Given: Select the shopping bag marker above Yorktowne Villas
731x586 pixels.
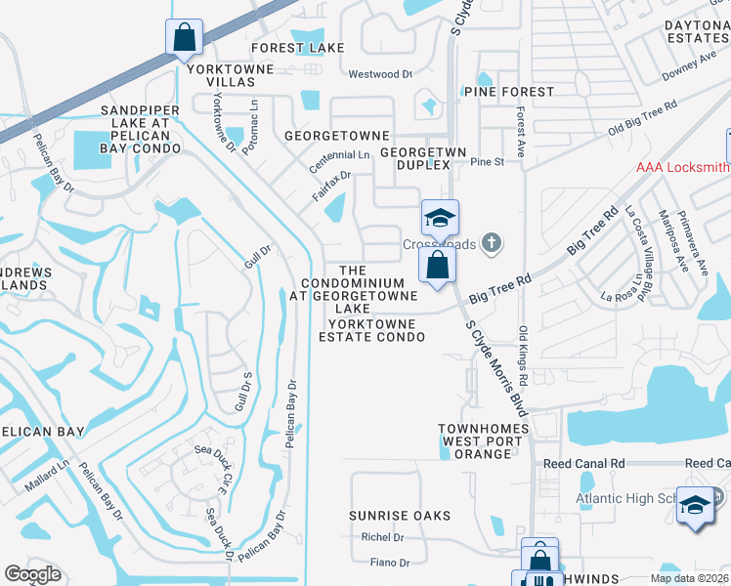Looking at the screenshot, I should [184, 39].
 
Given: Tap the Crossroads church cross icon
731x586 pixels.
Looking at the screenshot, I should [492, 243].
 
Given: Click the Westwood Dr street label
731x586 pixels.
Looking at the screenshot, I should [374, 74].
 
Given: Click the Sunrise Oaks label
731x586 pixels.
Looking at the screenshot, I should [401, 516].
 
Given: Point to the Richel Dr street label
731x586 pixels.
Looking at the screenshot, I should [383, 537].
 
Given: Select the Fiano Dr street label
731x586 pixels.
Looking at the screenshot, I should [390, 563].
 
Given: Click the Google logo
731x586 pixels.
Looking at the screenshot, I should [33, 574].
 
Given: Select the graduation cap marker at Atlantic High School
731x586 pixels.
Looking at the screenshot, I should [695, 507].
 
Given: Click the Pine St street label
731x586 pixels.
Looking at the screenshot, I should [487, 162].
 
